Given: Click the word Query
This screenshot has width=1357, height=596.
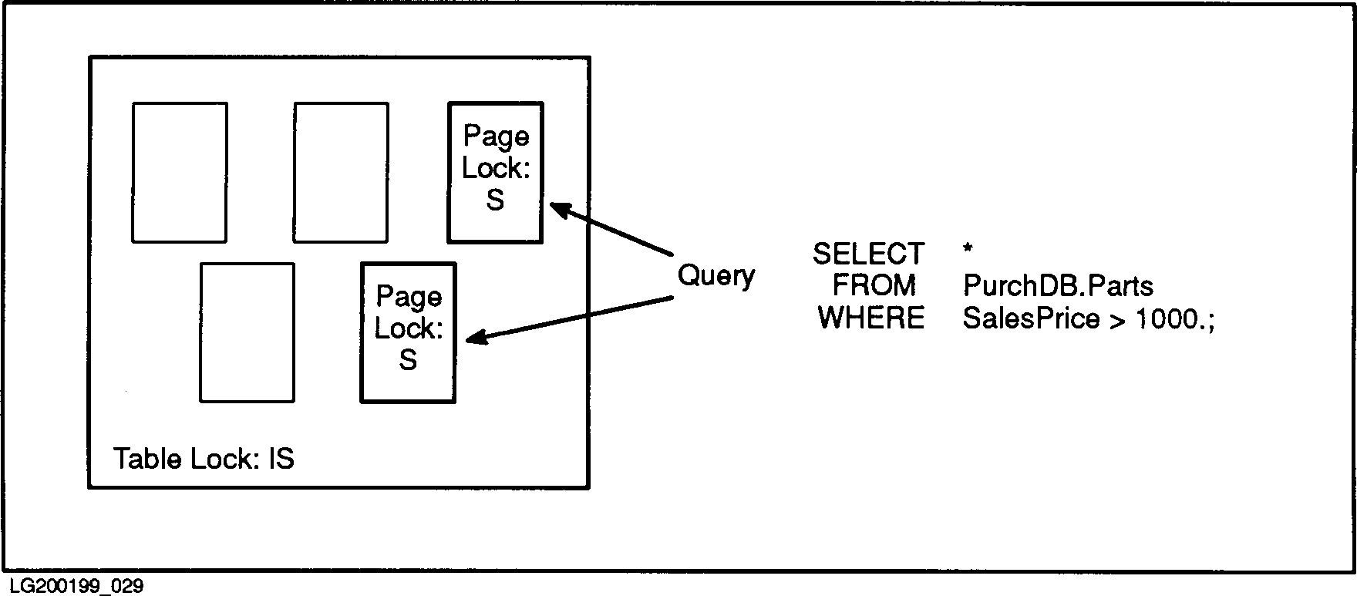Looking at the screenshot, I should point(716,276).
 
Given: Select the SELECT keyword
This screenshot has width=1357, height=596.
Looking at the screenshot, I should point(868,254).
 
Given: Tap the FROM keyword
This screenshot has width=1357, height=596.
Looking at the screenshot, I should point(874,286).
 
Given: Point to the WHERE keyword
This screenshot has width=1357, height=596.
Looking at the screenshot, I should point(871,318).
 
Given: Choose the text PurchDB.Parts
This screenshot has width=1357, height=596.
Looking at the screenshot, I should point(1058,286).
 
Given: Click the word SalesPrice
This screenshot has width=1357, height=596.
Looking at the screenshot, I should point(1031,318).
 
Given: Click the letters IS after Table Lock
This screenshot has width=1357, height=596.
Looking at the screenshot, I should point(281,459).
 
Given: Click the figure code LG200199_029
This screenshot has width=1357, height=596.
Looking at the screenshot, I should point(77,586).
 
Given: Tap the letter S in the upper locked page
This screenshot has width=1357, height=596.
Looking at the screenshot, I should point(495,200).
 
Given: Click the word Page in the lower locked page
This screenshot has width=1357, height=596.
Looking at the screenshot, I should point(409,297).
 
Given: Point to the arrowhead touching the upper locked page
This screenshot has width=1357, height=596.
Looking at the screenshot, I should point(558,210).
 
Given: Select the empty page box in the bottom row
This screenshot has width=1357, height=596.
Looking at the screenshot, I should point(247,332).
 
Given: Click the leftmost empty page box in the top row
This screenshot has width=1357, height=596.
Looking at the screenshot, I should point(180,172).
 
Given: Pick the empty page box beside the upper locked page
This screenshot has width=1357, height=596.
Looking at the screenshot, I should point(341,172).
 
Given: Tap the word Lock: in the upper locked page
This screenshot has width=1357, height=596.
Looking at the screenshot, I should point(496,169).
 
